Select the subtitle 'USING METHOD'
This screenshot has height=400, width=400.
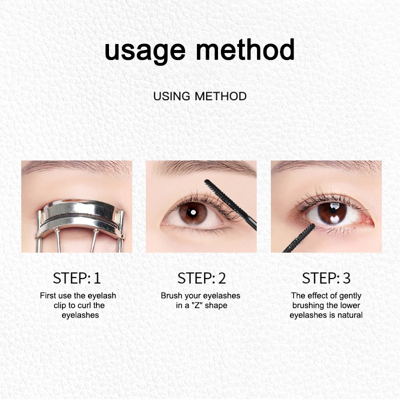point(200,96)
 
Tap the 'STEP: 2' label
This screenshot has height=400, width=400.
point(200,278)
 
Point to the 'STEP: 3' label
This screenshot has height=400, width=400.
point(325,278)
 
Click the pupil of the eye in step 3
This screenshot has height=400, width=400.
point(332,212)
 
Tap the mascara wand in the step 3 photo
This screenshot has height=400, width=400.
point(299,238)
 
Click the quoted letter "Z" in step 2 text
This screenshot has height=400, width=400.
point(193,305)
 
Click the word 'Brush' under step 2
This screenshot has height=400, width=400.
point(171,296)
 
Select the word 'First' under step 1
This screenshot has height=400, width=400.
point(48,296)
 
